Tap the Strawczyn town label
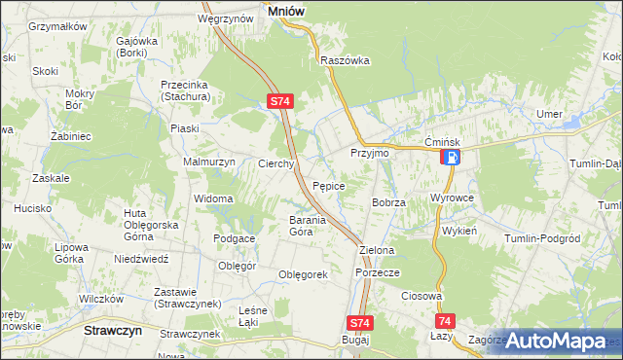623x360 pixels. tap(108, 331)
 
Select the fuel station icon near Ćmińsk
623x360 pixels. tap(451, 157)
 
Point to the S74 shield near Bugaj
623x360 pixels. tap(359, 322)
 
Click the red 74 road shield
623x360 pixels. tap(445, 321)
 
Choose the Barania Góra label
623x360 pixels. tap(287, 226)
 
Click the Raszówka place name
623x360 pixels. tap(346, 59)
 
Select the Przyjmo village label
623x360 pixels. tap(369, 154)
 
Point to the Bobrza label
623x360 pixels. tap(387, 201)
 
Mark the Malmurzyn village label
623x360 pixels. tap(209, 162)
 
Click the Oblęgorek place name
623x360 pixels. tap(302, 274)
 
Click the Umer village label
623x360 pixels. tap(549, 114)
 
